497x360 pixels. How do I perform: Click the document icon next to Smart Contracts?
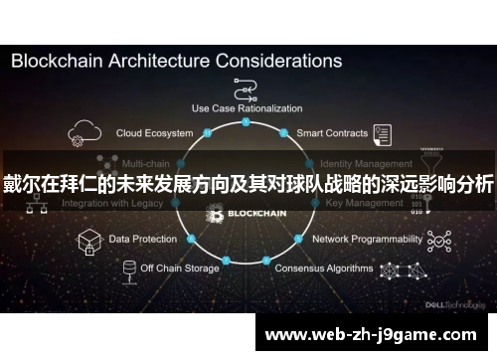point(384,132)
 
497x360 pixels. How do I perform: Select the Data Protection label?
point(142,239)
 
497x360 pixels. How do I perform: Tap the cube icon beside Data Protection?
point(87,240)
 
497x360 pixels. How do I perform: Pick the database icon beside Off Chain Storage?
point(128,270)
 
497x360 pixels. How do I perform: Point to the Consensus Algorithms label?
point(323,268)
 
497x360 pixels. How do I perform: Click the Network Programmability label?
point(367,239)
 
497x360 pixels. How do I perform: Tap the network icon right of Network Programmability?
point(438,239)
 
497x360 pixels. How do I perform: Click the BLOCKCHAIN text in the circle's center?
point(255,213)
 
